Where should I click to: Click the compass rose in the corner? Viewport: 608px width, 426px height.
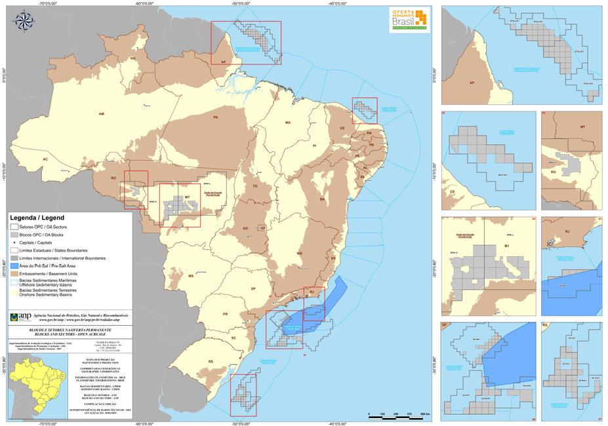coord(24,22)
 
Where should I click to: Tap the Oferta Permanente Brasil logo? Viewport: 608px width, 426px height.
coord(409,20)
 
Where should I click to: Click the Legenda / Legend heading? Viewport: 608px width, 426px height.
coord(37,217)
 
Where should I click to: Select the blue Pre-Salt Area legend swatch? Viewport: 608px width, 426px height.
coord(14,267)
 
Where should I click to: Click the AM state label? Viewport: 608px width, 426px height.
coord(102,114)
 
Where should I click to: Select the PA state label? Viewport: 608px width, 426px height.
coord(216,117)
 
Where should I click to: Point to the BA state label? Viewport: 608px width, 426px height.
coord(322,199)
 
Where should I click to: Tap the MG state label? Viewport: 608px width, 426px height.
coord(300,253)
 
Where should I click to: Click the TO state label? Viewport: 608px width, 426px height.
coord(255,187)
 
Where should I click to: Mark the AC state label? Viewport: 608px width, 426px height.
coord(45,159)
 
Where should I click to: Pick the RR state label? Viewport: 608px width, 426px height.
coord(133,58)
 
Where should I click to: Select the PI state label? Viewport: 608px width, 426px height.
coord(314,145)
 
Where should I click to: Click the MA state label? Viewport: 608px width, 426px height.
coord(287,123)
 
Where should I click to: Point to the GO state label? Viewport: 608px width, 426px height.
coord(245,229)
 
